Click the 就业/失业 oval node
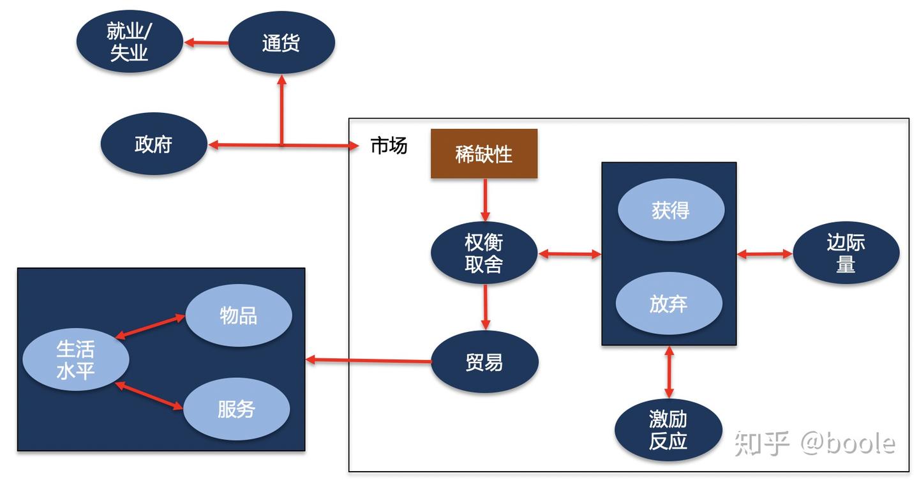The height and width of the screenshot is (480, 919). click(x=130, y=43)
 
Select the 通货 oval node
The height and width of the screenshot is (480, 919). click(x=281, y=43)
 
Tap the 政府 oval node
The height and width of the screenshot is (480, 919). click(x=154, y=144)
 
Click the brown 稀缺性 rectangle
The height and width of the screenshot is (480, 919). click(x=484, y=154)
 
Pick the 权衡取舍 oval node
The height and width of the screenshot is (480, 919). click(x=484, y=253)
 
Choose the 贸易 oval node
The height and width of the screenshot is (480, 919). click(x=485, y=362)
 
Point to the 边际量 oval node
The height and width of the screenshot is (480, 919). click(x=846, y=253)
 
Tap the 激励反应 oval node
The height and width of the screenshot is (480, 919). click(x=668, y=430)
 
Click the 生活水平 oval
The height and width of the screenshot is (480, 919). click(x=76, y=359)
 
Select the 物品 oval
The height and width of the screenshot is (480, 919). click(x=239, y=315)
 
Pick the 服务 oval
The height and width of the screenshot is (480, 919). click(x=237, y=409)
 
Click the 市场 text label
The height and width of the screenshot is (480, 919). click(x=389, y=146)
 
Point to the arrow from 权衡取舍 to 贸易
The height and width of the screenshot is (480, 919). click(x=485, y=307)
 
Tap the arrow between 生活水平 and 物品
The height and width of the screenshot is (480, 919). click(x=150, y=326)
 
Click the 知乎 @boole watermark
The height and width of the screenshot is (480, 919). click(x=814, y=443)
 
